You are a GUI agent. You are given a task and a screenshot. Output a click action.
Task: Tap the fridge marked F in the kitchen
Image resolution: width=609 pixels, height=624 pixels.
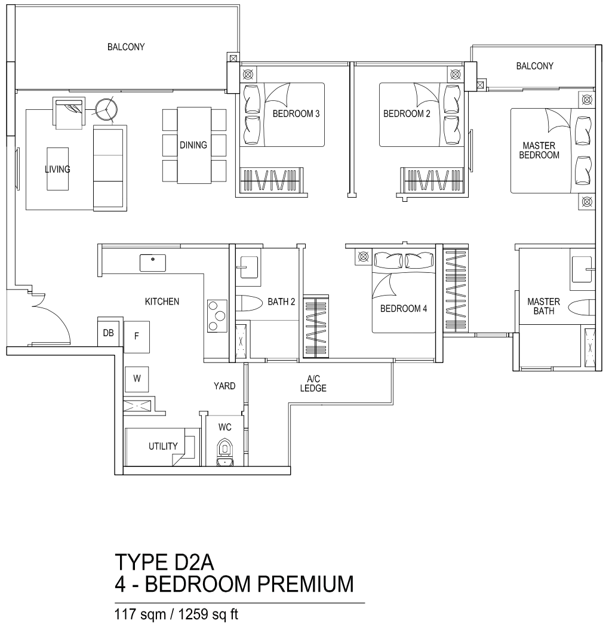pyautogui.click(x=137, y=337)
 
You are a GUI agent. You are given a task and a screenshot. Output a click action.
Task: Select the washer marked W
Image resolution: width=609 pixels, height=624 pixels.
pyautogui.click(x=137, y=379)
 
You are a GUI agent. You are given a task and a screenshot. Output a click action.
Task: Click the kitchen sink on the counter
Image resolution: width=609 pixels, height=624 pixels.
pyautogui.click(x=152, y=263)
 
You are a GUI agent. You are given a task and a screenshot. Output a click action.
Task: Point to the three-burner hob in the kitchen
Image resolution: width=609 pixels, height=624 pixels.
pyautogui.click(x=217, y=316)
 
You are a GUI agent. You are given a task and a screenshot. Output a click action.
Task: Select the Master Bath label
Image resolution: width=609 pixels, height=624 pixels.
pyautogui.click(x=543, y=306)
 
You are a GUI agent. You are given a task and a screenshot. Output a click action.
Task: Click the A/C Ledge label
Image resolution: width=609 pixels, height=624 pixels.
pyautogui.click(x=313, y=383)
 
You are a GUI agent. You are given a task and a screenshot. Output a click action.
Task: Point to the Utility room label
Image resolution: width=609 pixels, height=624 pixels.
pyautogui.click(x=163, y=446)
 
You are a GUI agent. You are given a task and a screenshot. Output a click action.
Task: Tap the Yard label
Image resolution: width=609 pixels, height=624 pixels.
pyautogui.click(x=224, y=386)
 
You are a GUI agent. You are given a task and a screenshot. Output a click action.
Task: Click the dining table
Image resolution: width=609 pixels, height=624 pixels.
pyautogui.click(x=194, y=145)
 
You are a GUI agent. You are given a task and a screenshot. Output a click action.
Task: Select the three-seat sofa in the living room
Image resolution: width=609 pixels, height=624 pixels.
pyautogui.click(x=110, y=168)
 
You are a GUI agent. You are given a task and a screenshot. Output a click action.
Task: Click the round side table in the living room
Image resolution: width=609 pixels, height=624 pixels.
pyautogui.click(x=106, y=109)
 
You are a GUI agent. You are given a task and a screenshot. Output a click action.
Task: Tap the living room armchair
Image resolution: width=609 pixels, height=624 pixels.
pyautogui.click(x=69, y=113)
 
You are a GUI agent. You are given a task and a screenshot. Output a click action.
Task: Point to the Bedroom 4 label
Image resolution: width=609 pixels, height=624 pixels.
pyautogui.click(x=403, y=309)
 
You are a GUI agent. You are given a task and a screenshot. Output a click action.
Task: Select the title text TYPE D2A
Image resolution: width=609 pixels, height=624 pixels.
pyautogui.click(x=164, y=562)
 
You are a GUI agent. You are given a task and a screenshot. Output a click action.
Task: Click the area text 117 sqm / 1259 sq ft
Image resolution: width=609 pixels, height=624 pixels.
pyautogui.click(x=176, y=614)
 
